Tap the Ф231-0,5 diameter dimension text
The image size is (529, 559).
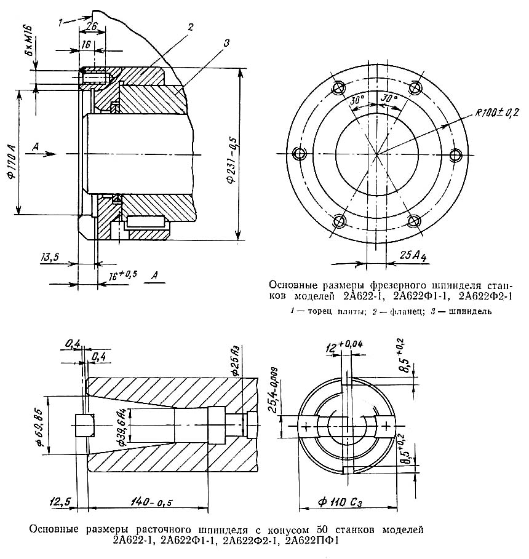click(231, 159)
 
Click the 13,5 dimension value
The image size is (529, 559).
click(49, 257)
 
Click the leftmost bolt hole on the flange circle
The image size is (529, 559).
click(299, 154)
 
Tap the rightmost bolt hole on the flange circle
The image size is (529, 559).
click(456, 155)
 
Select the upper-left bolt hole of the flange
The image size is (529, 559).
click(338, 87)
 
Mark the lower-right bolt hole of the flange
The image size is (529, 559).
click(415, 222)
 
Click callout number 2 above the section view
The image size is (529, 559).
click(191, 27)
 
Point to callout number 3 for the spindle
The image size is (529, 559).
click(226, 44)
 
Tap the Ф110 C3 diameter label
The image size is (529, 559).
click(340, 502)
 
